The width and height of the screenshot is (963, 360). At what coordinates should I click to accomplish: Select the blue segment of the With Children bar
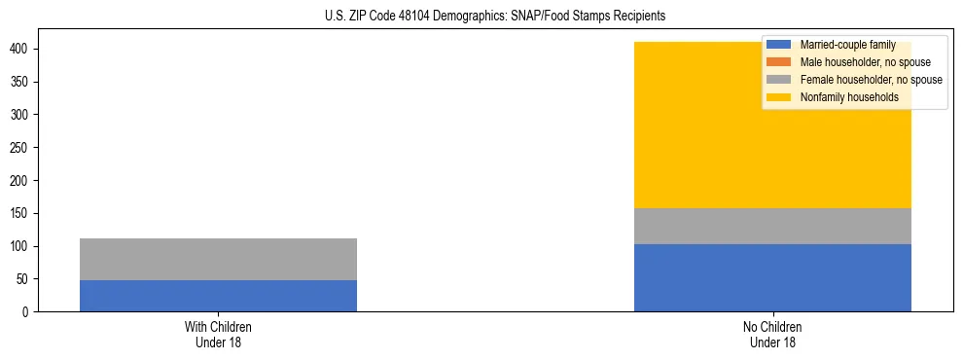218,296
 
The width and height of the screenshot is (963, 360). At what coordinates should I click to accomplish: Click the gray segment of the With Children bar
218,259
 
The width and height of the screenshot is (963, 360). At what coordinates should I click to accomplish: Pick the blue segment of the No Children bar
772,277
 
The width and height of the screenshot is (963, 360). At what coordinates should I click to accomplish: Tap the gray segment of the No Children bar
772,226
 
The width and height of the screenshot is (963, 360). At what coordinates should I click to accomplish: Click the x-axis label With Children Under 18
218,334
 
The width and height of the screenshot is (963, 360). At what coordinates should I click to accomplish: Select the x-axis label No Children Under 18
772,334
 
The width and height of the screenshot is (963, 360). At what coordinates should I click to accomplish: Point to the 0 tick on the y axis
26,312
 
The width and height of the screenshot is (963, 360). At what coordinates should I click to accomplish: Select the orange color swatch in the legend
779,62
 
